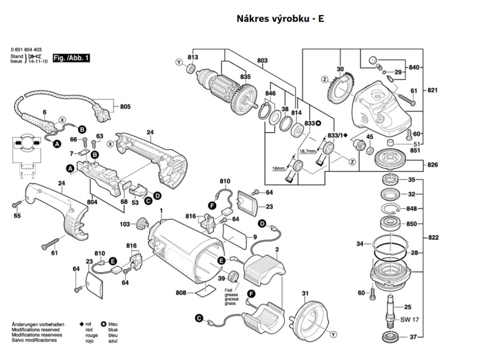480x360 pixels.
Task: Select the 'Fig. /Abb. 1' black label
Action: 71,58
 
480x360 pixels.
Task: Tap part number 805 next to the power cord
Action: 125,107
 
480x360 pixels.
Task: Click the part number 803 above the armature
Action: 262,61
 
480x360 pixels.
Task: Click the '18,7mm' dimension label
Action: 307,151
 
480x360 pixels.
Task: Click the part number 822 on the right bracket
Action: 434,238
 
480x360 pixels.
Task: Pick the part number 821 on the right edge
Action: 434,90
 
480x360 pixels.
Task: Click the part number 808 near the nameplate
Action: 181,293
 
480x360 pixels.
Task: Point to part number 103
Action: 125,225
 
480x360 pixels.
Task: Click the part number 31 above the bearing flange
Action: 305,293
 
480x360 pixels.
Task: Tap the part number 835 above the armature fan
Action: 245,77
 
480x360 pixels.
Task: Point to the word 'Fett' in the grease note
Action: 228,290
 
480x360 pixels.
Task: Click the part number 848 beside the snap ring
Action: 411,209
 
